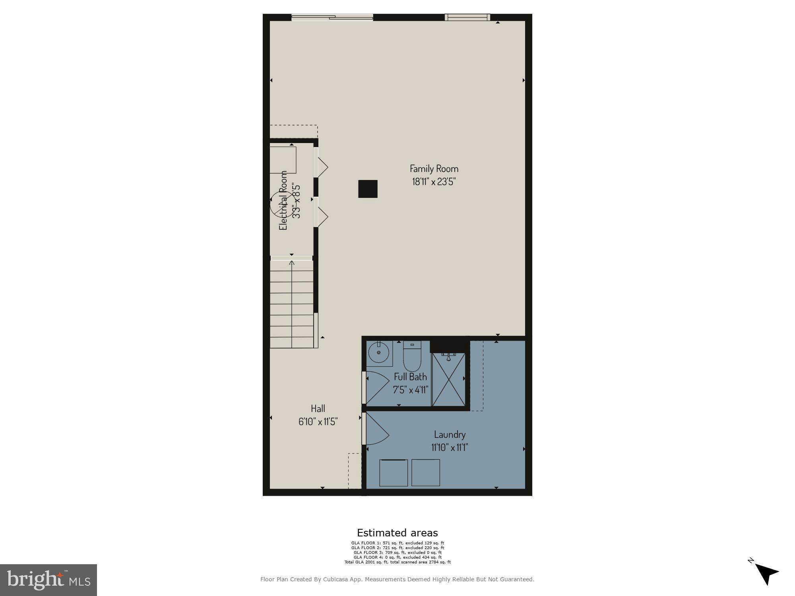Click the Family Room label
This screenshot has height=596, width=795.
click(x=434, y=168)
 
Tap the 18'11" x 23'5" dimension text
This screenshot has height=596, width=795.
click(x=434, y=182)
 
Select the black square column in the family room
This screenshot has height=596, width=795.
click(x=368, y=189)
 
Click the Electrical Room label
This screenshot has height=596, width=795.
click(x=283, y=201)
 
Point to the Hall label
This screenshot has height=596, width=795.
click(x=318, y=408)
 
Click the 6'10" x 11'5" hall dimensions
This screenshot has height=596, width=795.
click(x=318, y=422)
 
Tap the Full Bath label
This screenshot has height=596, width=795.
click(x=410, y=377)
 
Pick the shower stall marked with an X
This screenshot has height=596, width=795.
click(x=448, y=379)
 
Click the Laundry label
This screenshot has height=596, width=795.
click(x=450, y=434)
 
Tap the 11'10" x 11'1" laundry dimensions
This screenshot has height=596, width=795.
click(x=450, y=447)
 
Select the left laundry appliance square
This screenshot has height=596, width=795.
click(x=394, y=472)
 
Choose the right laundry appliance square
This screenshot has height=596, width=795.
click(x=426, y=472)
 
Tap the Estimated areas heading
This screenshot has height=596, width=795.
click(x=397, y=533)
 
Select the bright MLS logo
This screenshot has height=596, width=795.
click(x=48, y=580)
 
